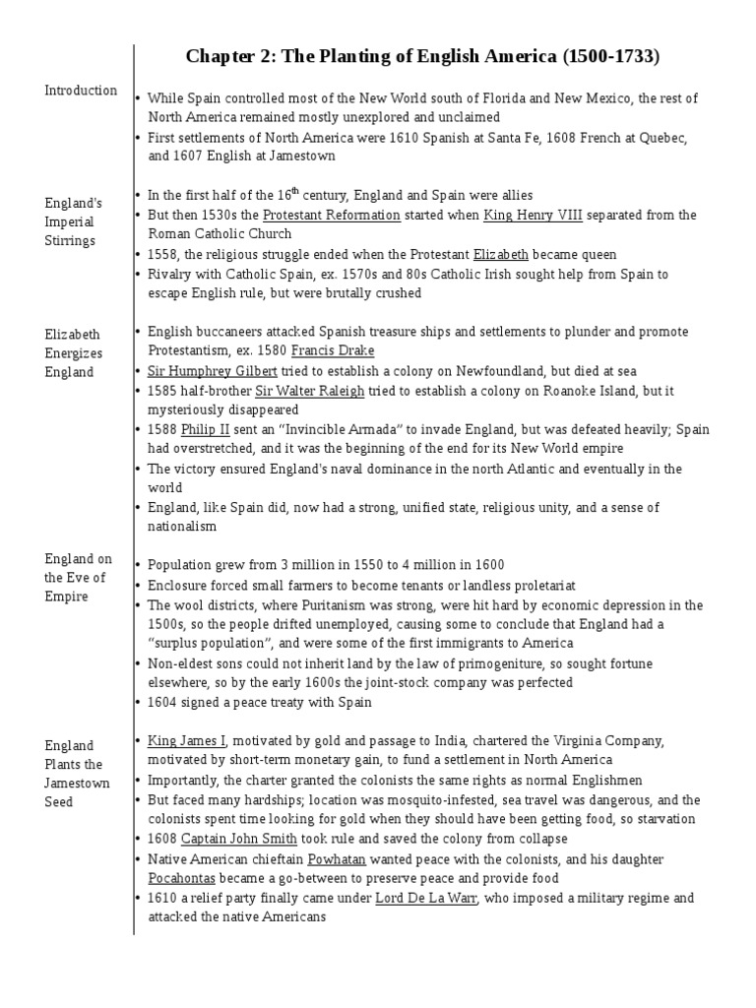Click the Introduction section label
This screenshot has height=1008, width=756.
81,91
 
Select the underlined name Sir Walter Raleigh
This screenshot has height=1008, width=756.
311,390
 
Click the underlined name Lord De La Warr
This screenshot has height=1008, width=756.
426,898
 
